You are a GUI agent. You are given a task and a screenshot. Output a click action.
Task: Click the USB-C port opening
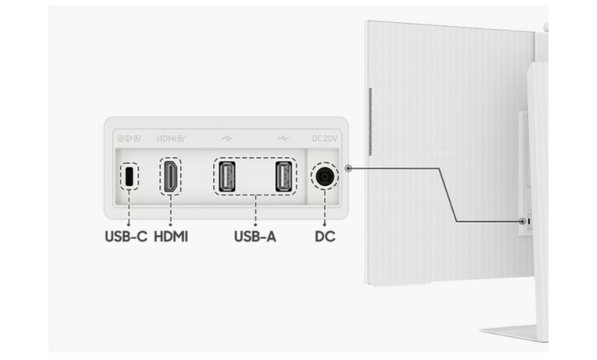pos(129,177)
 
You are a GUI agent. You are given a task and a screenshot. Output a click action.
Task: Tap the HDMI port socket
pos(169,177)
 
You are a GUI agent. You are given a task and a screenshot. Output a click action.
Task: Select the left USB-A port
pos(228,177)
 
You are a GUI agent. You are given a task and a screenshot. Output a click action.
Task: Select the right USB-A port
pos(283,177)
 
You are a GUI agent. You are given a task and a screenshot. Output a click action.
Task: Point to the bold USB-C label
pos(126,237)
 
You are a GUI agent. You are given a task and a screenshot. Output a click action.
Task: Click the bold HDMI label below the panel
pos(170,237)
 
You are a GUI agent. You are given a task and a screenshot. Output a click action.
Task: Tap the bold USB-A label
pos(255,237)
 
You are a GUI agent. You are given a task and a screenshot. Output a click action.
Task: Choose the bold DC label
pos(325,237)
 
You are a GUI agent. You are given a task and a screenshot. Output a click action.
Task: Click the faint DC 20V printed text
pos(325,139)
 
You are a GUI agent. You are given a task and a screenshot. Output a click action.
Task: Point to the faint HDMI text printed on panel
pos(168,139)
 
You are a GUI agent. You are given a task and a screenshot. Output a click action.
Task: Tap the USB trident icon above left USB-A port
pos(228,139)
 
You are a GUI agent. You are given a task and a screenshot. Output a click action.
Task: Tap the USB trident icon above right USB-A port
pos(284,139)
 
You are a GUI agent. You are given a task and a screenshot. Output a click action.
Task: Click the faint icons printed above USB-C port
pos(128,139)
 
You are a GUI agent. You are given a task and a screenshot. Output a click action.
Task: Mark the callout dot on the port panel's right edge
pos(349,168)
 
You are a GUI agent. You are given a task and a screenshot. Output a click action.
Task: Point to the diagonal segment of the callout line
pos(448,195)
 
